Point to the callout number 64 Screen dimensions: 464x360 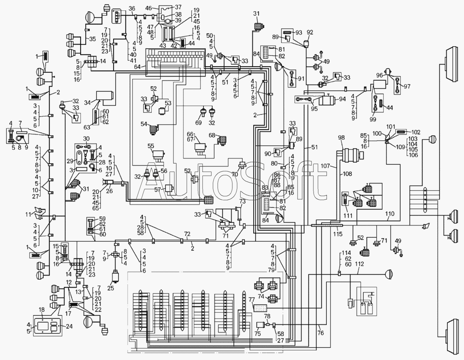(x=137, y=67)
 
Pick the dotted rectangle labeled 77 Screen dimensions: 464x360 (x=260, y=308)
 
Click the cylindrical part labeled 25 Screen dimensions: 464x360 (x=115, y=278)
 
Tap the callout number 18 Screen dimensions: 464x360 (x=42, y=310)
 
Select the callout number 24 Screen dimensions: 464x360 (x=69, y=327)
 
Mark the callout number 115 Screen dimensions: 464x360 (x=338, y=234)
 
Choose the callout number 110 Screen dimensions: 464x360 (x=390, y=214)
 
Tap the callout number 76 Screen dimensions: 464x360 (x=321, y=333)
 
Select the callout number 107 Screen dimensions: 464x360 (x=325, y=166)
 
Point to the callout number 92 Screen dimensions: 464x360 (x=310, y=32)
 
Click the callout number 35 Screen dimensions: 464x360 (x=93, y=39)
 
